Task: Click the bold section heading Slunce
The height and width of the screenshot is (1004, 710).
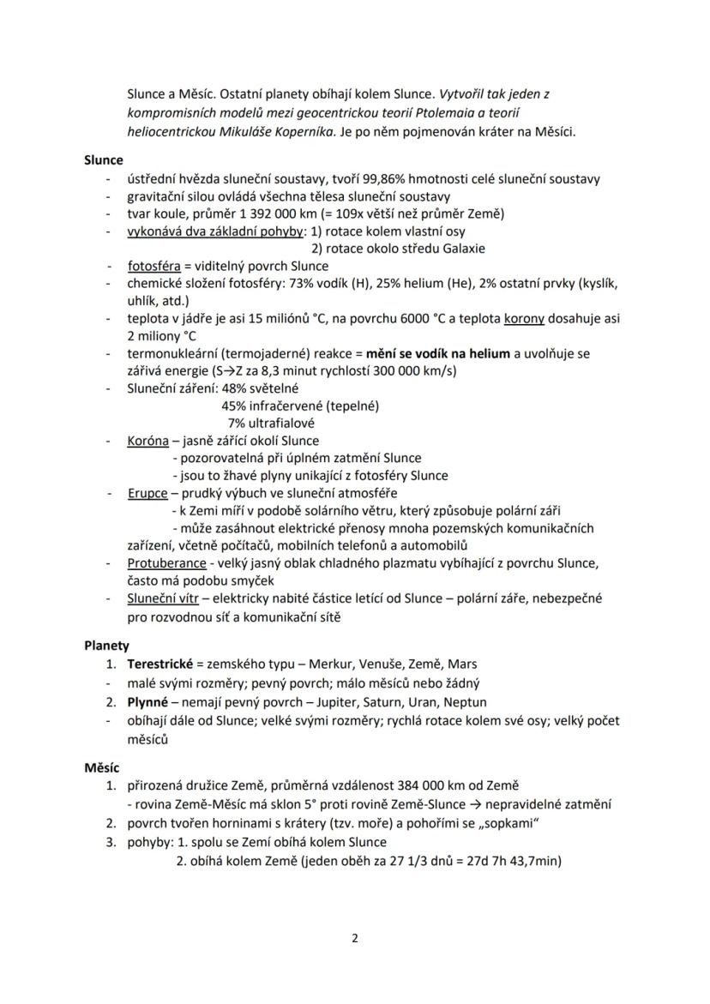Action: pyautogui.click(x=104, y=159)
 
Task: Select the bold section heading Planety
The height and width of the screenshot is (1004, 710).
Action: pyautogui.click(x=106, y=646)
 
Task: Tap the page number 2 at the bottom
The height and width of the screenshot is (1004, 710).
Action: pyautogui.click(x=355, y=937)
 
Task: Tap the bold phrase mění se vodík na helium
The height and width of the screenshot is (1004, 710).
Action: pyautogui.click(x=437, y=353)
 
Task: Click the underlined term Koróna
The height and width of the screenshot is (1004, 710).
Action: pyautogui.click(x=147, y=441)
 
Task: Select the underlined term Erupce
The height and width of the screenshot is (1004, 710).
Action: pyautogui.click(x=147, y=493)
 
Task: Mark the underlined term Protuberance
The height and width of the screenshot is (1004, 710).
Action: pyautogui.click(x=166, y=563)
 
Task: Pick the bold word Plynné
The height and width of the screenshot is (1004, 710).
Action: pyautogui.click(x=147, y=701)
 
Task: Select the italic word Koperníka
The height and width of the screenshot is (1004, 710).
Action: pyautogui.click(x=308, y=131)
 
